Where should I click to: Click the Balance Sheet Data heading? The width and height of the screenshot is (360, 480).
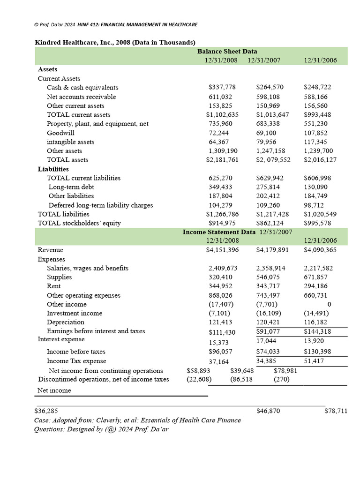(227, 52)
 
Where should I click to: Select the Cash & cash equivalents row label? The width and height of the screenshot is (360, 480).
(82, 88)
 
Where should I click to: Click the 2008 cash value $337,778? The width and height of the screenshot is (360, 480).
(222, 88)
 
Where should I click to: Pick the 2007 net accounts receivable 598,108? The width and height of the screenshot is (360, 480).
(270, 97)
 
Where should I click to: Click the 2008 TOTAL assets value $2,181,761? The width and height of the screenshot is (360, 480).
(223, 160)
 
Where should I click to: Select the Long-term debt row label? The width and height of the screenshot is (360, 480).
(71, 187)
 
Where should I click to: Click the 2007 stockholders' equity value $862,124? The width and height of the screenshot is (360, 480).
(272, 223)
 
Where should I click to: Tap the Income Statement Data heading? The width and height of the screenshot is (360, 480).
(219, 232)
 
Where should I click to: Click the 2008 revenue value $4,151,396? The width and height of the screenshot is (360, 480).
(223, 250)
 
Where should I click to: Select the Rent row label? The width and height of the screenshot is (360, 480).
(53, 286)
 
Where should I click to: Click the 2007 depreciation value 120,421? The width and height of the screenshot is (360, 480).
(270, 322)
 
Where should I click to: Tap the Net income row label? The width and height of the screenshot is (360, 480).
(54, 390)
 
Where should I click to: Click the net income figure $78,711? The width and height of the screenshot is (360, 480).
(336, 411)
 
